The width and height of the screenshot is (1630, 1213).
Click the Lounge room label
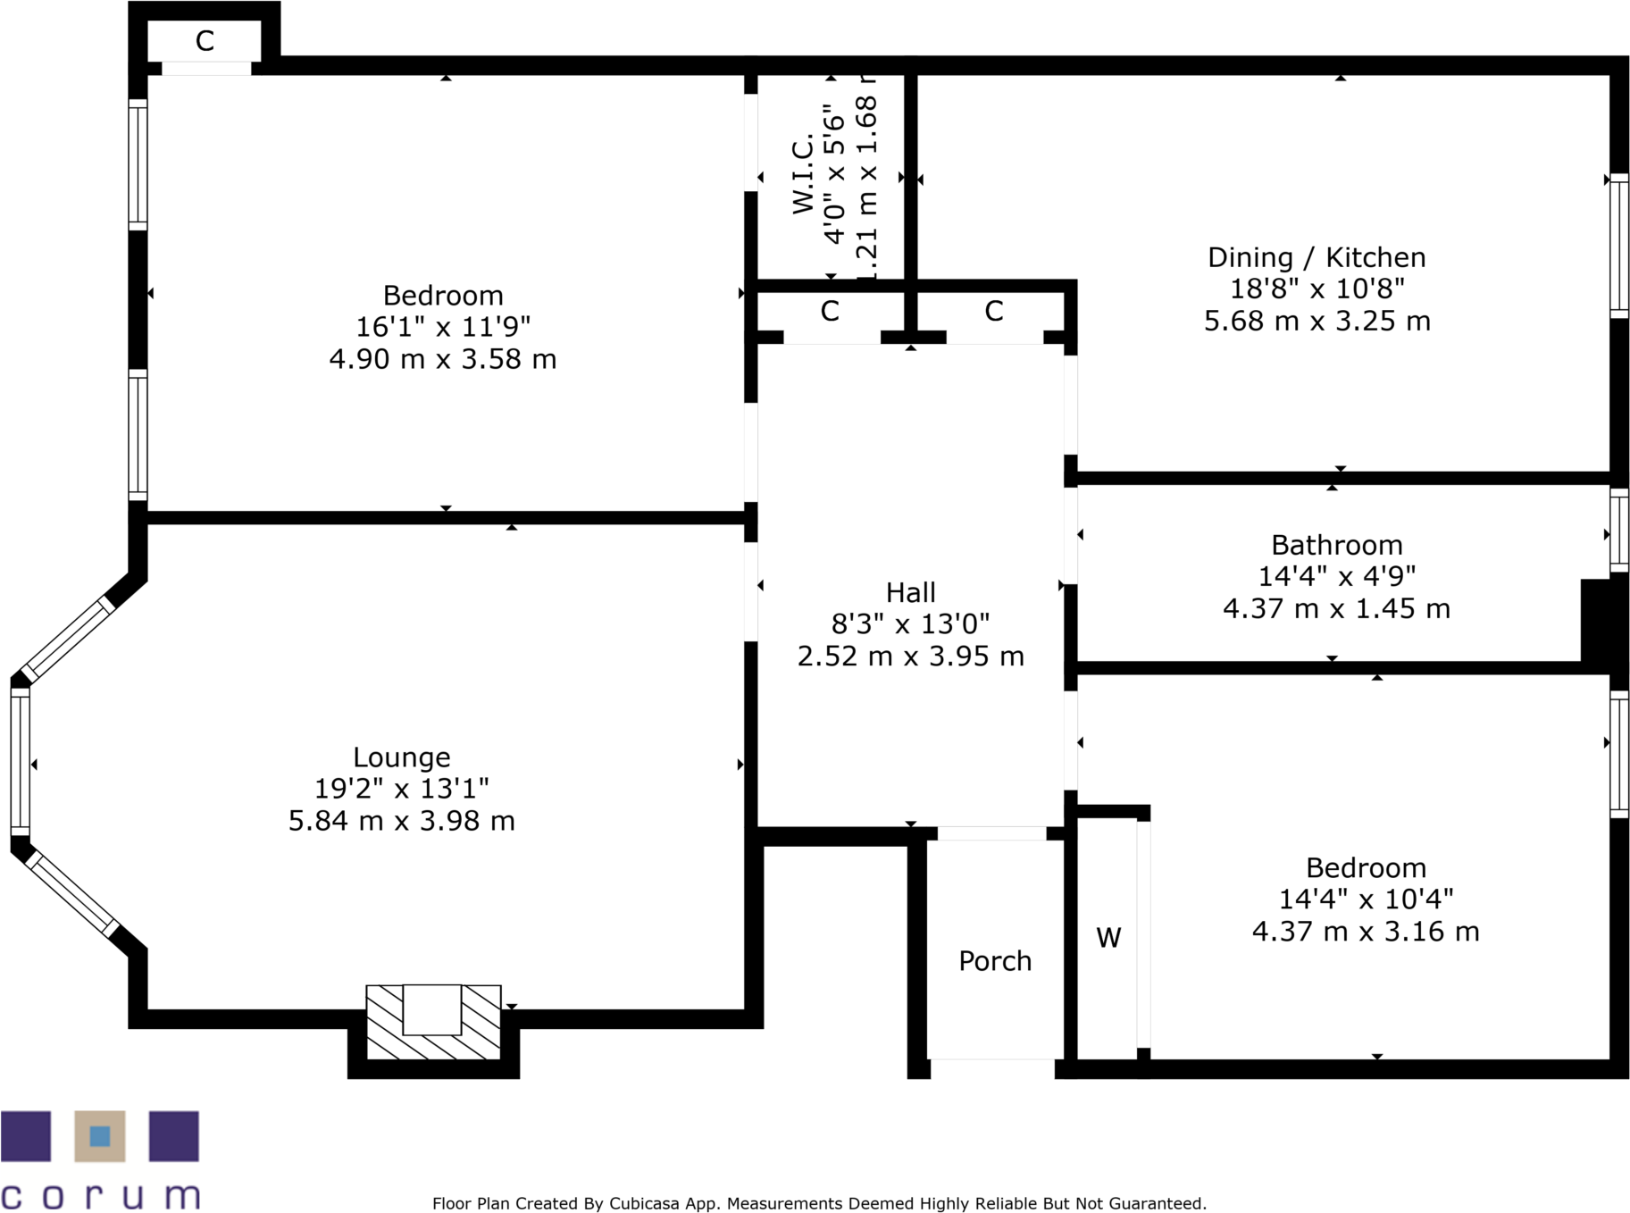(x=401, y=757)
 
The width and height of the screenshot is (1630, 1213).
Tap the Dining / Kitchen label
(x=1317, y=258)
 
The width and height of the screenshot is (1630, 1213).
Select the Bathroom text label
(x=1336, y=545)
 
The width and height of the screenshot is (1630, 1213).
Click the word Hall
(x=910, y=593)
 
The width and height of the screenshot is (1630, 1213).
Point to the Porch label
(x=995, y=961)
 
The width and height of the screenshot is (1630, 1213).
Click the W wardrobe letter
(x=1108, y=938)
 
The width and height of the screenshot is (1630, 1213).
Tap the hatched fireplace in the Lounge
(x=433, y=1023)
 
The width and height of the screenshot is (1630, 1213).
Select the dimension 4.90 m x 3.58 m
(x=442, y=359)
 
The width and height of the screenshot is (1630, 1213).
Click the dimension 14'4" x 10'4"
(x=1366, y=899)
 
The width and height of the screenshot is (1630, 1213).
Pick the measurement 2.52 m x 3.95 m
(x=910, y=657)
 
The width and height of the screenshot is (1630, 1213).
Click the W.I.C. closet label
(x=804, y=174)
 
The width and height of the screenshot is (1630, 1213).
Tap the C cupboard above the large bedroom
(x=205, y=41)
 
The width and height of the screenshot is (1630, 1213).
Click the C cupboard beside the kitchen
(x=994, y=312)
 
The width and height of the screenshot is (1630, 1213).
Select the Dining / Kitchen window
(x=1618, y=246)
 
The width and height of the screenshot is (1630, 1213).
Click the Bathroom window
(x=1618, y=531)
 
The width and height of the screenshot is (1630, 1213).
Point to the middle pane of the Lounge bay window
(x=20, y=761)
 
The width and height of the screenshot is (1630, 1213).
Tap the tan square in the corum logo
(x=99, y=1136)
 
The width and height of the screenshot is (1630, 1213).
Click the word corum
(x=100, y=1195)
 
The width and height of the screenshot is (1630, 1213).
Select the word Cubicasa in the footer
(x=641, y=1204)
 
